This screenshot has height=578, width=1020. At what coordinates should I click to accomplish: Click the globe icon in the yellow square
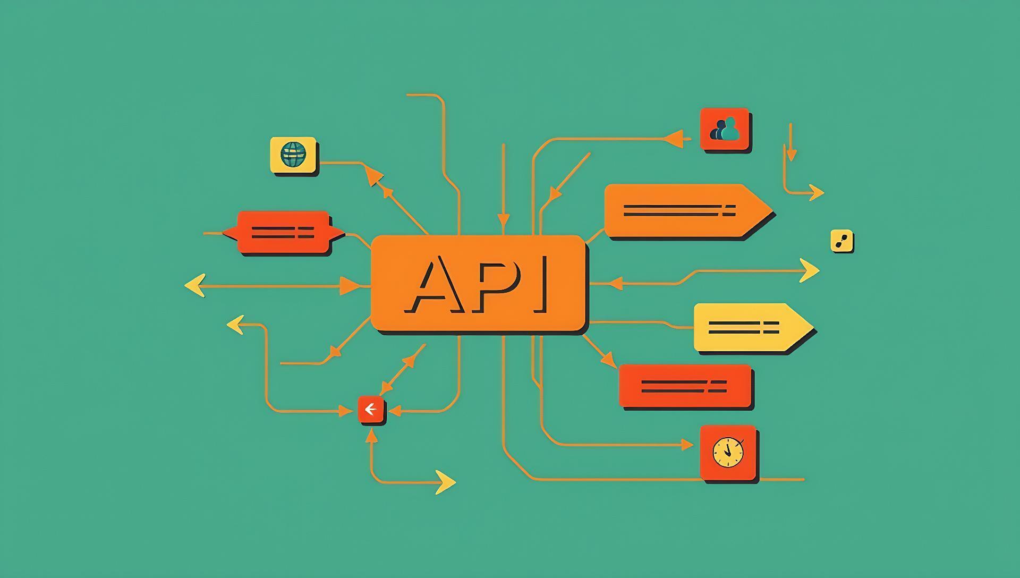(293, 155)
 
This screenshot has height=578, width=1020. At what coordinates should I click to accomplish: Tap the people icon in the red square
(725, 129)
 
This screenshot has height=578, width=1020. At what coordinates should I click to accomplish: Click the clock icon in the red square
(728, 453)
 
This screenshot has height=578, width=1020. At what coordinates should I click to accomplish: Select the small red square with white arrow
(371, 410)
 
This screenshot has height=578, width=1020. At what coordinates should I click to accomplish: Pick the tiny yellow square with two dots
(841, 241)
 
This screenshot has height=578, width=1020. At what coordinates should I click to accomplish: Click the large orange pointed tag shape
(687, 210)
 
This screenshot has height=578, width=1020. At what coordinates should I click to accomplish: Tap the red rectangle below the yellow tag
(685, 386)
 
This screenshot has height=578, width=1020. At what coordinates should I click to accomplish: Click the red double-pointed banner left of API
(284, 232)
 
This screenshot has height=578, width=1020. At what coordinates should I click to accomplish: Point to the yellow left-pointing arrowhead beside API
(195, 286)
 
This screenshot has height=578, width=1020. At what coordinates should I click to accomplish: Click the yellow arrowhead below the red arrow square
(446, 482)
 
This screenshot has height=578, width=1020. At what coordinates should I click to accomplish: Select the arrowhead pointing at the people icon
(673, 139)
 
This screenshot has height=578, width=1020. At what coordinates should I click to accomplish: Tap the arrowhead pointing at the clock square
(687, 445)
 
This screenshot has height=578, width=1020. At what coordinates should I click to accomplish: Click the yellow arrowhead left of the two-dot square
(809, 271)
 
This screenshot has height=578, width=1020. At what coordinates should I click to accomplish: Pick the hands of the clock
(727, 450)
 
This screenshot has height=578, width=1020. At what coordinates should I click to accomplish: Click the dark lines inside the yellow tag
(743, 327)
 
